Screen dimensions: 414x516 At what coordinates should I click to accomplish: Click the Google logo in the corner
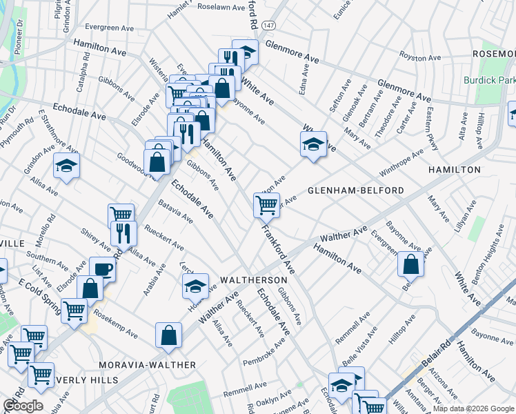pyautogui.click(x=23, y=406)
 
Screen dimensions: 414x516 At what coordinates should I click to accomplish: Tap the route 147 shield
pyautogui.click(x=268, y=24)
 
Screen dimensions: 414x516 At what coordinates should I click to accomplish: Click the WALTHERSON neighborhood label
pyautogui.click(x=253, y=280)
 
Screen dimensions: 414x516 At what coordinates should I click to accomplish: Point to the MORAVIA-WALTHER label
pyautogui.click(x=147, y=364)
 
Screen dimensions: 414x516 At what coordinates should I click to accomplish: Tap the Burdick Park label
pyautogui.click(x=489, y=81)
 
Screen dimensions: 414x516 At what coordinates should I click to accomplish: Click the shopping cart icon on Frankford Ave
pyautogui.click(x=266, y=204)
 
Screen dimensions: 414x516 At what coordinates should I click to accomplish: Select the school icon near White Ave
pyautogui.click(x=313, y=145)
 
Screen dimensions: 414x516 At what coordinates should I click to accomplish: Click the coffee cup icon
pyautogui.click(x=103, y=268)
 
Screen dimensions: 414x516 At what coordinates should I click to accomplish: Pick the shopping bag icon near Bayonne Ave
pyautogui.click(x=410, y=264)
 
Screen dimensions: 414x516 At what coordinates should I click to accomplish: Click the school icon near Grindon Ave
pyautogui.click(x=66, y=166)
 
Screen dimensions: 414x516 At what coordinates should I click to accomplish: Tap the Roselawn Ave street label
pyautogui.click(x=221, y=8)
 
